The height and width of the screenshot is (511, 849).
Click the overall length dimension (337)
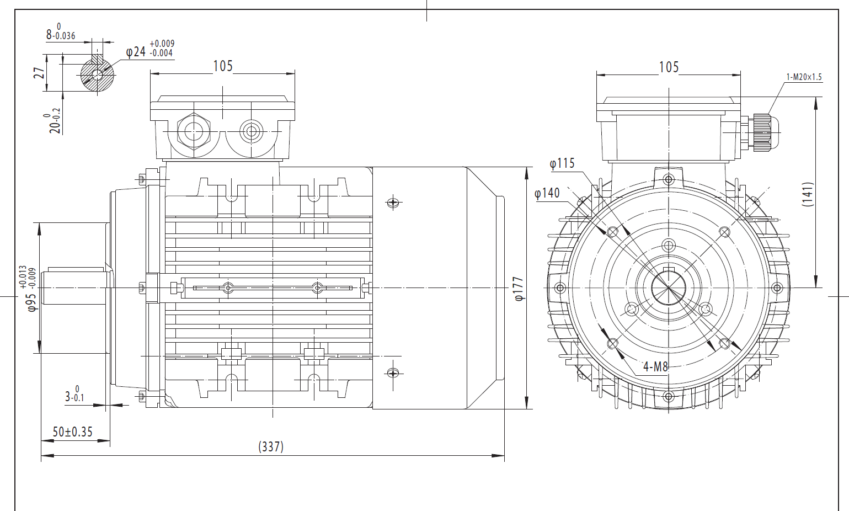point(271,446)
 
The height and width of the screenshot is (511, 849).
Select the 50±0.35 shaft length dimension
point(72,432)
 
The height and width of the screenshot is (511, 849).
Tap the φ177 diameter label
point(519,289)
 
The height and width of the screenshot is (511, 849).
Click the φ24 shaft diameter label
point(136,52)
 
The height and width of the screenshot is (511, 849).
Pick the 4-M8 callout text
point(655,366)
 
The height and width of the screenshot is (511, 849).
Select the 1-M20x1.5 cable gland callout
point(804,77)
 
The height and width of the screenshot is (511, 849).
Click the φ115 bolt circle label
point(562,163)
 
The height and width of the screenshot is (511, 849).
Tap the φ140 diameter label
point(547,193)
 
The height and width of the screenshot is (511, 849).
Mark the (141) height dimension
point(808,194)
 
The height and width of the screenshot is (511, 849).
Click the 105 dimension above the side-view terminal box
point(223,66)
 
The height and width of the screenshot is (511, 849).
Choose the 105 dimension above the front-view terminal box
point(669,67)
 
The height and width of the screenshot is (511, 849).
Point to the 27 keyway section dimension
point(39,73)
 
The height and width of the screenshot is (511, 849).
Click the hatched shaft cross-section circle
point(97,75)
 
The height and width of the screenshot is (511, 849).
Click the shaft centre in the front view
point(668,288)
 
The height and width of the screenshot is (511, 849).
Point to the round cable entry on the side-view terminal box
point(252,131)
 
